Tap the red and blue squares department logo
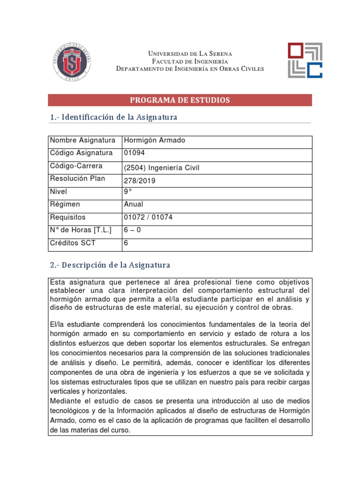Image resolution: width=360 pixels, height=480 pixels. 305,60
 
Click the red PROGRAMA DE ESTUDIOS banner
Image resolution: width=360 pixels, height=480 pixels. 180,100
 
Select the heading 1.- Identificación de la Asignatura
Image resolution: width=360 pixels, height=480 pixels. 113,117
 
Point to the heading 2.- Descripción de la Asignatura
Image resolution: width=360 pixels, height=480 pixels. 110,265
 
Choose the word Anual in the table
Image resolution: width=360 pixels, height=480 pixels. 133,205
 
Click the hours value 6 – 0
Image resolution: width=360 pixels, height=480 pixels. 133,230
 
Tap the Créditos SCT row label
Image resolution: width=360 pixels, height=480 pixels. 72,243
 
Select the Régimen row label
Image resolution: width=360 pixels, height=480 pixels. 65,205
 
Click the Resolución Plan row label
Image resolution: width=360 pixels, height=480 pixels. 77,179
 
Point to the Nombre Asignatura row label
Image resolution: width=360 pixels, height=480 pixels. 82,141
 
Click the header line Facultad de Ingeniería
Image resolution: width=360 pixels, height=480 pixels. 190,61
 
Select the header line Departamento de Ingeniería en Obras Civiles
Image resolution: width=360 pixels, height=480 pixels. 190,69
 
